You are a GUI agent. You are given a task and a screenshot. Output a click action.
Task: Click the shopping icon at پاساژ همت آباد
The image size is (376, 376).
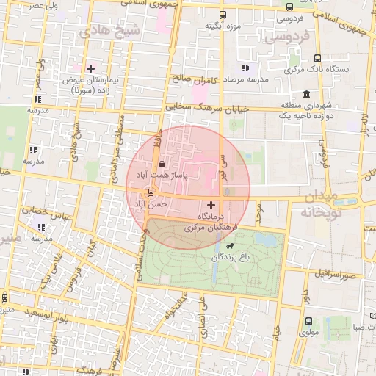(x=161, y=164)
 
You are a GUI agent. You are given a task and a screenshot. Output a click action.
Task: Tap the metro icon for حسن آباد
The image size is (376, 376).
(x=151, y=193)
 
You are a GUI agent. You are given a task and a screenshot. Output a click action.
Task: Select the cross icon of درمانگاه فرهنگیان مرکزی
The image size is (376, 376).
(x=212, y=205)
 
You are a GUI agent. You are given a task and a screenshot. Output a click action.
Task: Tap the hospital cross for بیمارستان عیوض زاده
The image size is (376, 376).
(x=90, y=68)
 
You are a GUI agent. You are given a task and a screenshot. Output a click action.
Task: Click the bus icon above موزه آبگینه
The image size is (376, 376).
(x=223, y=15)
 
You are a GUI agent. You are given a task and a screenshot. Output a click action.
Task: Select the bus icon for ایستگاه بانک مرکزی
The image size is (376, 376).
(x=317, y=58)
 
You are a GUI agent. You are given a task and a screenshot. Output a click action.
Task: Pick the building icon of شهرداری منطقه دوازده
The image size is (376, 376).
(x=306, y=94)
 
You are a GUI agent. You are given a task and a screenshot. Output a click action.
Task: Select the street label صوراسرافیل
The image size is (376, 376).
(x=337, y=274)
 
